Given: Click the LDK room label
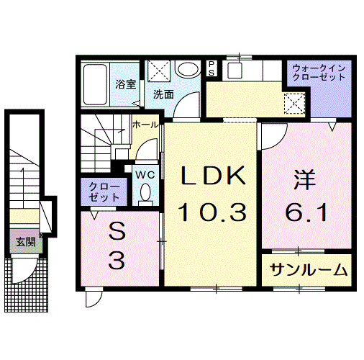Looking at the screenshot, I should point(213,175).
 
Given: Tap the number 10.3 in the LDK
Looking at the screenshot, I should point(213,211).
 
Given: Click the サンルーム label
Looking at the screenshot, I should point(309,271).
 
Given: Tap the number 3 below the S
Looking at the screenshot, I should point(116,260).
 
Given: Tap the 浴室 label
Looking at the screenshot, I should point(126,84).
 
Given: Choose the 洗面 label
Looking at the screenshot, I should point(163,94).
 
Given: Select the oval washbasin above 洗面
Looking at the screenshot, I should point(188,71).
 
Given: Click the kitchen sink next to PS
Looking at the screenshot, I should point(234,71).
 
